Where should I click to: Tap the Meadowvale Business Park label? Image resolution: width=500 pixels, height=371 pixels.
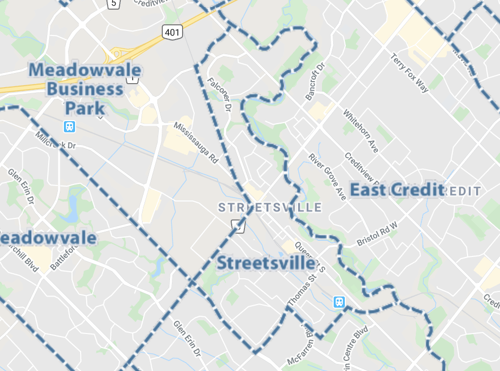[85, 89]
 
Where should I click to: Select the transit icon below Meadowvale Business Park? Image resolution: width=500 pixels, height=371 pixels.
[69, 126]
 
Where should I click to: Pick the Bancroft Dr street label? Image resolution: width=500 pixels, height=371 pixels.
[314, 82]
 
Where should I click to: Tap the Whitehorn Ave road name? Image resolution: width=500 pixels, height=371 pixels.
[361, 131]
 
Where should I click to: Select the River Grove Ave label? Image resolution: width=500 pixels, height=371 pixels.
[328, 176]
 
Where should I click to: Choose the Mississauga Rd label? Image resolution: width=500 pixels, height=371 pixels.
[196, 142]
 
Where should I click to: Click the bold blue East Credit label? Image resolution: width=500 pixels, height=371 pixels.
[397, 190]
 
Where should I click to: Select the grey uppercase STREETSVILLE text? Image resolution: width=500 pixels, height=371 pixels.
[270, 207]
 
